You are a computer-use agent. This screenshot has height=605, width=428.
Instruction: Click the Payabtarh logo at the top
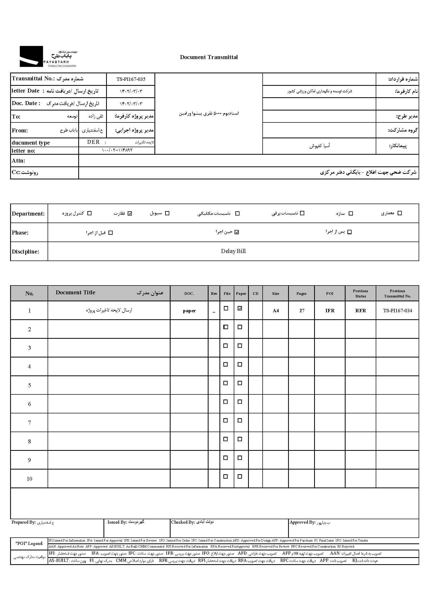(48, 56)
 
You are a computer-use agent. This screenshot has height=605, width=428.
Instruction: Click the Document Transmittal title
(209, 57)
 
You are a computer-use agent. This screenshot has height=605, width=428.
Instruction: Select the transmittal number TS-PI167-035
(131, 79)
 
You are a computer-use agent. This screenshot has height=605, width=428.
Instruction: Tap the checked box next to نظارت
(130, 213)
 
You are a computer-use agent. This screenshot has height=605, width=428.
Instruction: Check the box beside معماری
(400, 213)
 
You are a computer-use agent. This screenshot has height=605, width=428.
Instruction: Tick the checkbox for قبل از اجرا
(111, 233)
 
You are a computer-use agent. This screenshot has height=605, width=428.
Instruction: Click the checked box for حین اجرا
(237, 232)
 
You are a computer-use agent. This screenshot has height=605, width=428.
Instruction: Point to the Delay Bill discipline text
(233, 251)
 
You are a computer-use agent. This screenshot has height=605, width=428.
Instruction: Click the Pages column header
(301, 294)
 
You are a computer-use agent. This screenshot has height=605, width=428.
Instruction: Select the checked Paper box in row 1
(240, 308)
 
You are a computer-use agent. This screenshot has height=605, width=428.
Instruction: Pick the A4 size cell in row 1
(276, 311)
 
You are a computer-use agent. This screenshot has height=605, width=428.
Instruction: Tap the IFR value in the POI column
(330, 311)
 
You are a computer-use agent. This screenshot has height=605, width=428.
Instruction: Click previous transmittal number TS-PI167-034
(397, 311)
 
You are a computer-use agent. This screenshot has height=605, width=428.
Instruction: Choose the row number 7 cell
(30, 423)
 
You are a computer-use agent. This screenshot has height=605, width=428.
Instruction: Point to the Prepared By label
(23, 522)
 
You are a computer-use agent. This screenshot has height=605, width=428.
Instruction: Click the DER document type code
(93, 142)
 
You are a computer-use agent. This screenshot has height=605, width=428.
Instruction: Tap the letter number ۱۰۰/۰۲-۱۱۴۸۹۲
(117, 150)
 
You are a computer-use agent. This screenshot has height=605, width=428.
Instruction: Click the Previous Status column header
(360, 294)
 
